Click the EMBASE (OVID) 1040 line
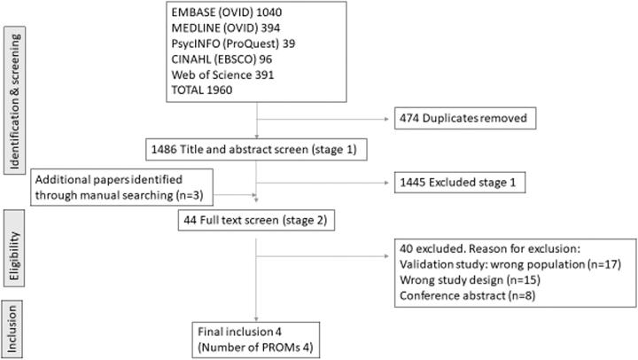pyautogui.click(x=233, y=16)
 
